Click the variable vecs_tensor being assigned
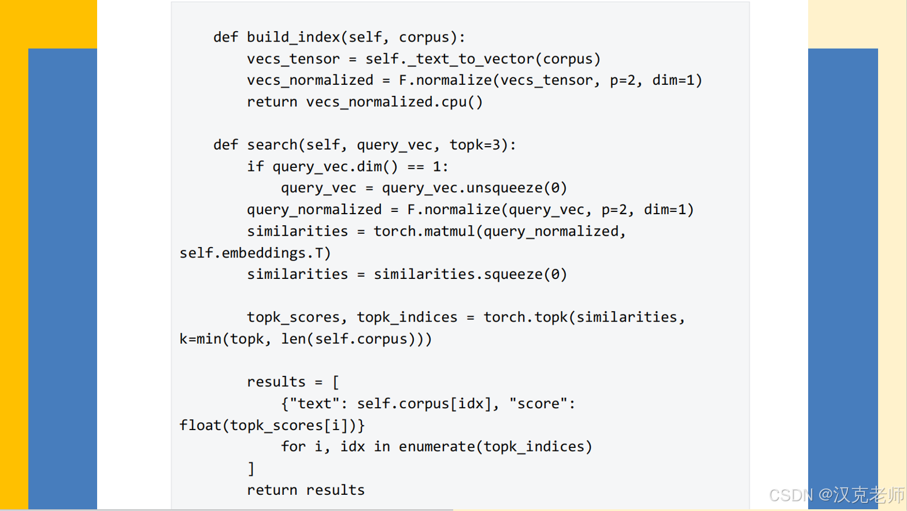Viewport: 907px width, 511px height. (293, 59)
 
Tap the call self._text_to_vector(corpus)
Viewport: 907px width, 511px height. (483, 59)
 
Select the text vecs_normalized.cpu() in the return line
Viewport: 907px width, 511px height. (394, 102)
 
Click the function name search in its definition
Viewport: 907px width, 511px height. (272, 145)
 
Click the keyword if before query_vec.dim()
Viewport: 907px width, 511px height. (255, 167)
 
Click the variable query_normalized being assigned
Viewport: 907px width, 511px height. (314, 210)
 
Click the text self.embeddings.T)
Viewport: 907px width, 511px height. (255, 253)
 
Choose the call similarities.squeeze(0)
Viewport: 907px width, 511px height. (470, 274)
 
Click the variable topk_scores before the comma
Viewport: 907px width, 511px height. (293, 318)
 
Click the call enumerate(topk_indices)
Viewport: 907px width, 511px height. (495, 447)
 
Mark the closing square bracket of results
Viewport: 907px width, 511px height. (251, 468)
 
